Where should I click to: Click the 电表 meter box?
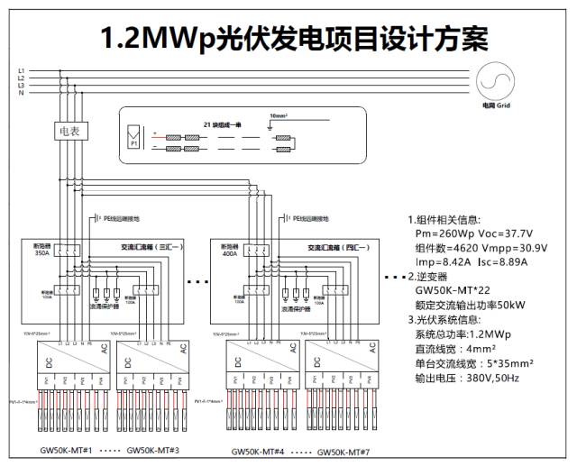coord(68,132)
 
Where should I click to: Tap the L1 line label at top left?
coord(21,70)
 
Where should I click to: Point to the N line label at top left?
coord(21,92)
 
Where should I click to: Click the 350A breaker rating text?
coord(42,254)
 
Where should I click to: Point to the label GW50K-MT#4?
coord(258,451)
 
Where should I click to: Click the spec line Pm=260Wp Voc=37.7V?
coord(473,233)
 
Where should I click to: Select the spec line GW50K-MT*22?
coord(448,291)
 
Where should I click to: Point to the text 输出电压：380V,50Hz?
coord(467,378)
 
